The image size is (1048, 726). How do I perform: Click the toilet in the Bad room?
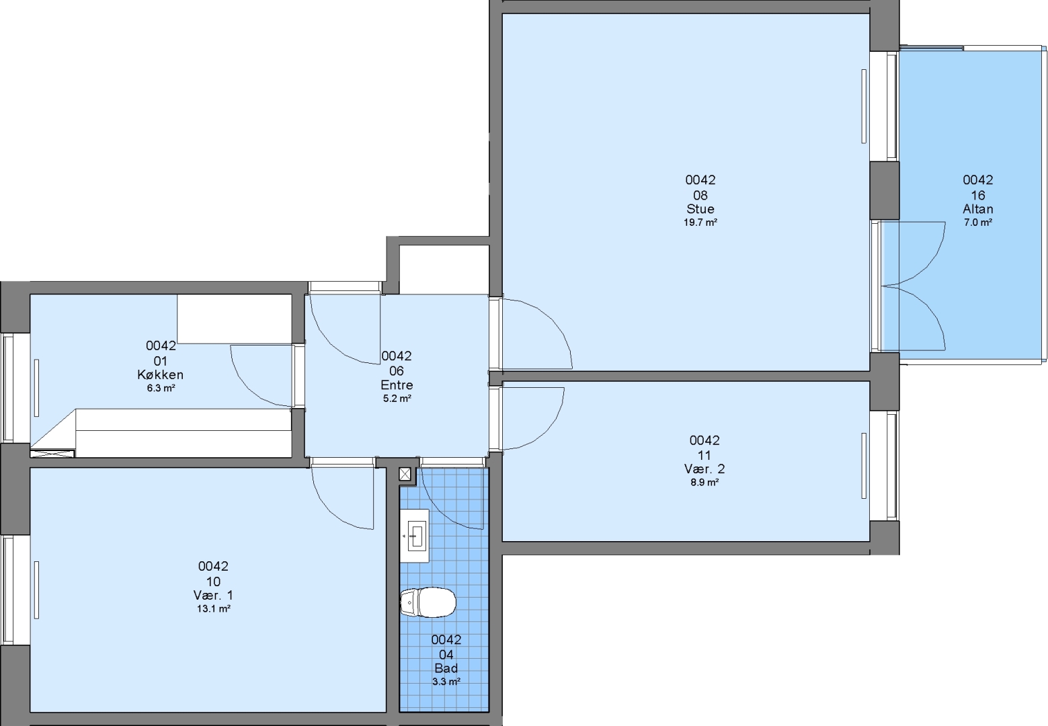(428, 602)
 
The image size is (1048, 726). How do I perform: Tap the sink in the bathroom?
(415, 536)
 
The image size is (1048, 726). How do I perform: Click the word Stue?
(700, 208)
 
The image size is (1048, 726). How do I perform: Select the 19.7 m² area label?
(700, 223)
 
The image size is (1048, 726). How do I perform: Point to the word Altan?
(978, 208)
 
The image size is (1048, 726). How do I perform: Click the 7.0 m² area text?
(978, 223)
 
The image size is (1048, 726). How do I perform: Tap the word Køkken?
(161, 374)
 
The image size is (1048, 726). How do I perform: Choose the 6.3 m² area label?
(161, 388)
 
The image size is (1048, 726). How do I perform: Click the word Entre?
(397, 385)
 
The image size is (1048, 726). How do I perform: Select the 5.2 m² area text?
(397, 399)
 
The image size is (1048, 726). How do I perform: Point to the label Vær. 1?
(213, 595)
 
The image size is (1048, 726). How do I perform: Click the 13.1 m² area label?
(213, 608)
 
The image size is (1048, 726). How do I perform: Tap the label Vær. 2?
(704, 469)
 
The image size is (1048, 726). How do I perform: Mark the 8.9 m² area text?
(704, 482)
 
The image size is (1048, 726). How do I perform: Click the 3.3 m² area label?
(446, 682)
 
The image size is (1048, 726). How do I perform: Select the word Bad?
(446, 668)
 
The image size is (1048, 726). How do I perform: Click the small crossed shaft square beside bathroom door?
(405, 475)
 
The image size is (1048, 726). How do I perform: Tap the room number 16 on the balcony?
(978, 195)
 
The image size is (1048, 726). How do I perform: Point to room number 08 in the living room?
(700, 195)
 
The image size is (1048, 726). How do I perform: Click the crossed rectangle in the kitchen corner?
(52, 453)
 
